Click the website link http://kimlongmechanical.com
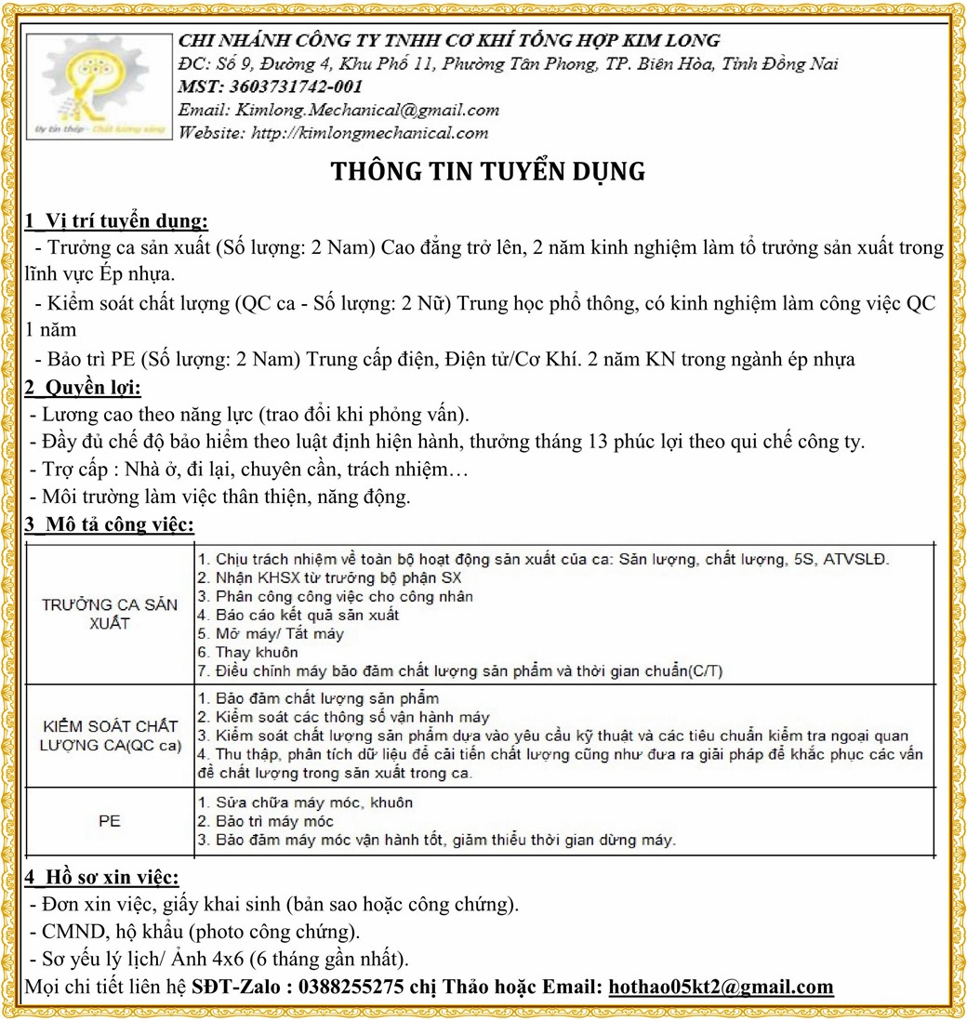[x=370, y=133]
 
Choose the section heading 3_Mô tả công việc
[x=109, y=525]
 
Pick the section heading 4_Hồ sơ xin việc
[x=101, y=877]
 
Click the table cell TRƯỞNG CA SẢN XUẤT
[x=110, y=615]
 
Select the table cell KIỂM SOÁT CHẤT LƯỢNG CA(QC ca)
[x=110, y=736]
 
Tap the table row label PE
[x=110, y=821]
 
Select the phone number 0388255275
[x=351, y=987]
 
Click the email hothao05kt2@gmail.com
[x=721, y=987]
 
